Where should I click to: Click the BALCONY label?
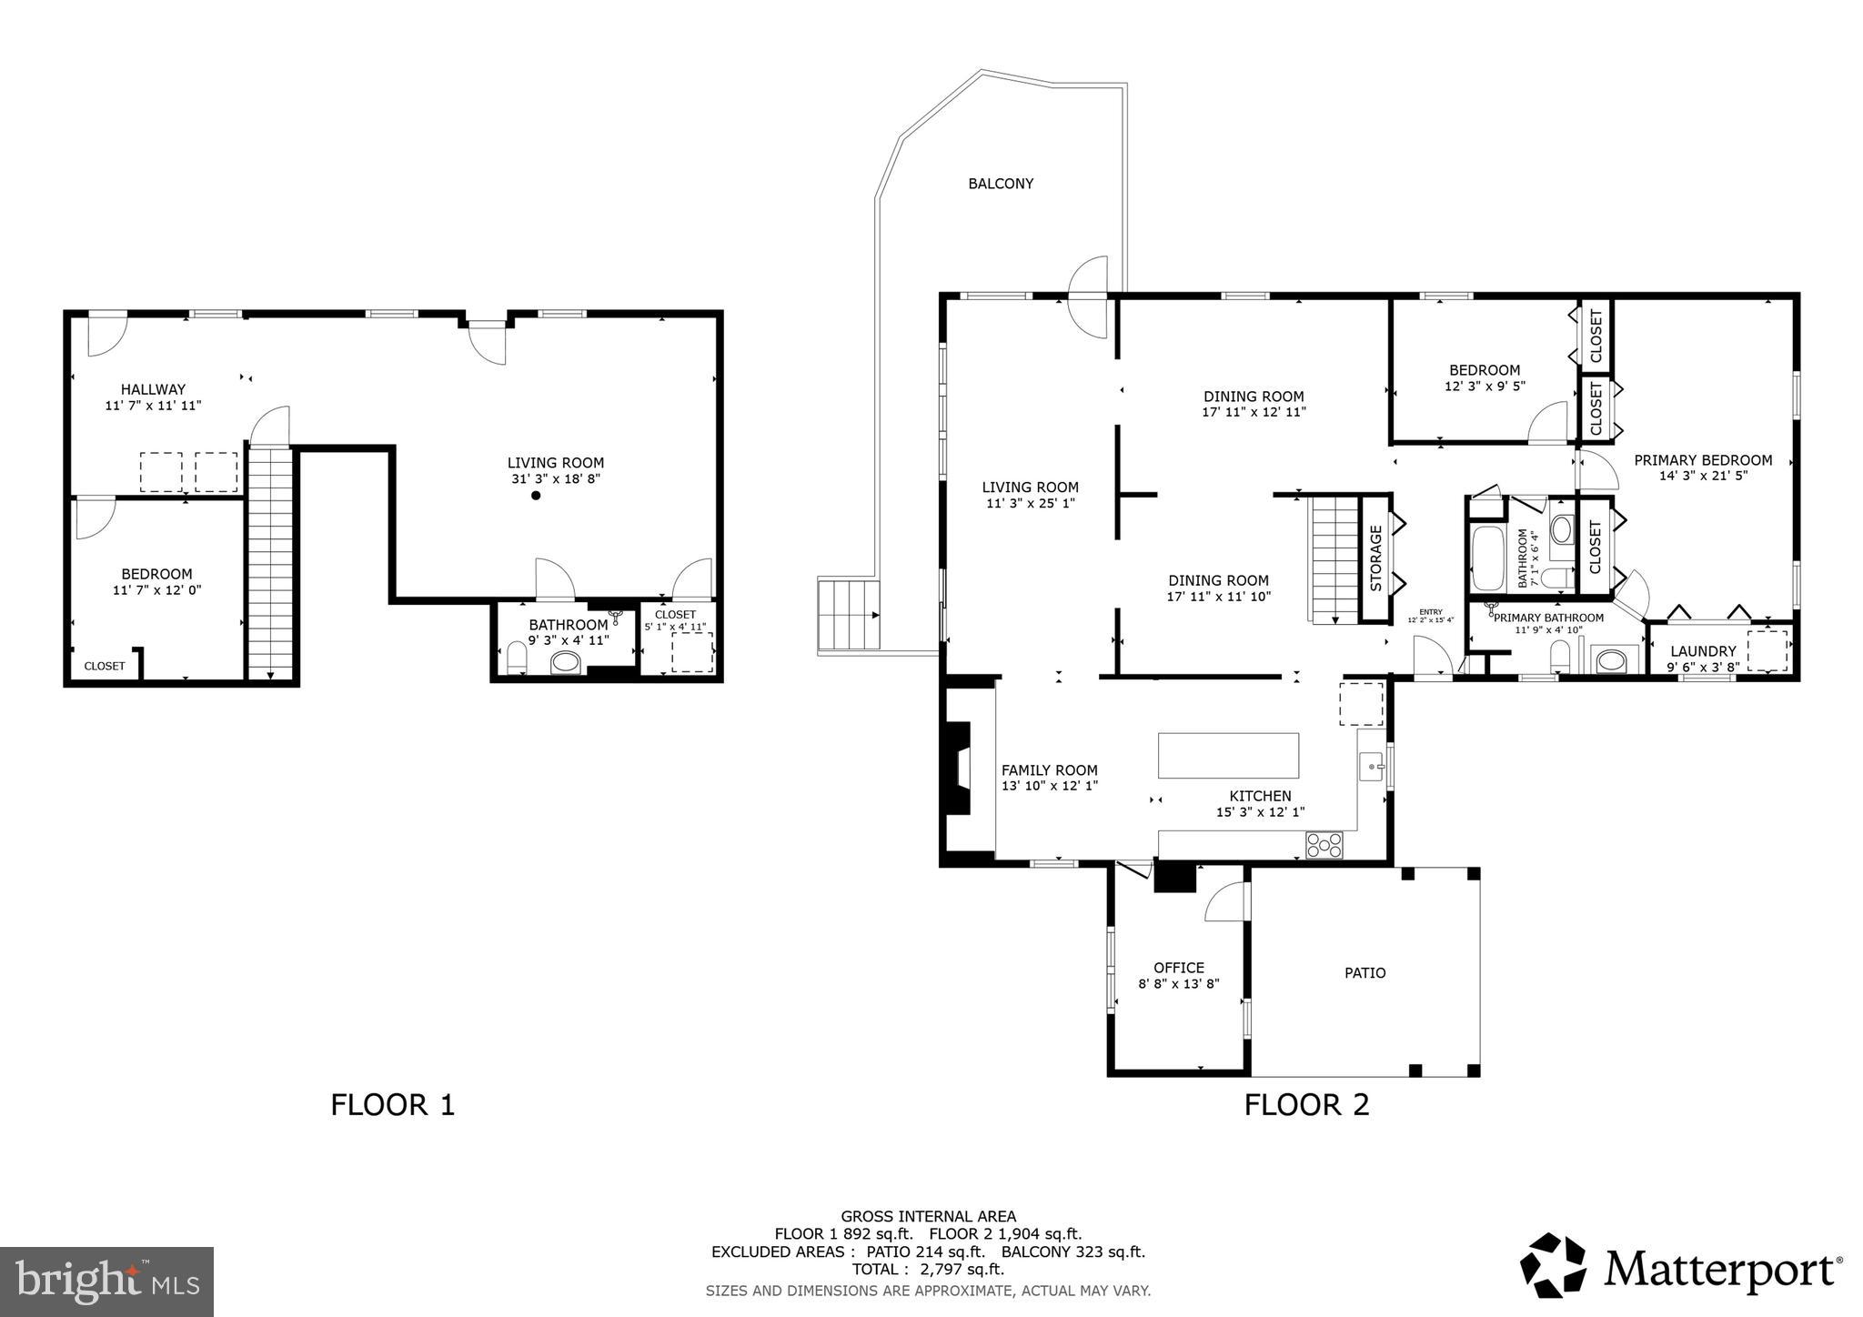[x=1000, y=184]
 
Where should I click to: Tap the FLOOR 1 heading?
[x=392, y=1104]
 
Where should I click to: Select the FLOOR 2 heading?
[x=1306, y=1104]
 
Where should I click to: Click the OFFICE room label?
[x=1178, y=968]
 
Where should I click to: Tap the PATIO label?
[x=1365, y=973]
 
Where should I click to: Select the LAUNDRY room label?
[x=1703, y=651]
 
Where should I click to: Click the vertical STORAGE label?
[x=1375, y=558]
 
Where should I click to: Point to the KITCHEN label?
[x=1260, y=796]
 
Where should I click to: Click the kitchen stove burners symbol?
[x=1324, y=845]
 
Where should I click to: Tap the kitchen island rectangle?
[x=1228, y=755]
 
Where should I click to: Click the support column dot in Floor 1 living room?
[x=536, y=496]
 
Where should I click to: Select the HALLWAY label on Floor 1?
[x=153, y=389]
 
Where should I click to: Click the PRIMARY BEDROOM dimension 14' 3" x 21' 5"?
[x=1703, y=475]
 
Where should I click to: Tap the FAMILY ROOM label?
[x=1049, y=770]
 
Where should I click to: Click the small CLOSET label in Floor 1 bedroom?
[x=105, y=666]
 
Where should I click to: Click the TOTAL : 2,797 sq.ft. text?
[x=928, y=1269]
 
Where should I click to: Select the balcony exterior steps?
[x=849, y=615]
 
